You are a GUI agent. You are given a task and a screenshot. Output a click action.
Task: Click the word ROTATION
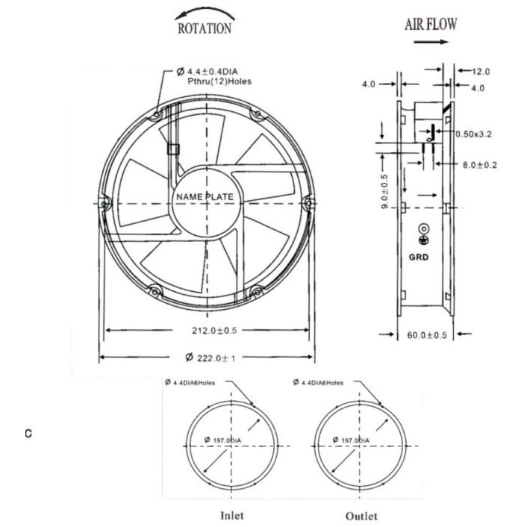[x=205, y=28]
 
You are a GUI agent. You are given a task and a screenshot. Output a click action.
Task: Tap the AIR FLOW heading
[x=431, y=24]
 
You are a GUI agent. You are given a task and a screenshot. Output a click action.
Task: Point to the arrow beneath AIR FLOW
[x=431, y=42]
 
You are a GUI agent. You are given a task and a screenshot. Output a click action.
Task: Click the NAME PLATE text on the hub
[x=205, y=196]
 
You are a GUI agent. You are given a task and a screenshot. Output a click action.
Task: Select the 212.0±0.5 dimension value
[x=214, y=331]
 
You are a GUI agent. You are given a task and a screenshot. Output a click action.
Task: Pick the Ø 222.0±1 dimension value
[x=211, y=358]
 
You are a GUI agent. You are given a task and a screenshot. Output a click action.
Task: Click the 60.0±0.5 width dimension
[x=427, y=335]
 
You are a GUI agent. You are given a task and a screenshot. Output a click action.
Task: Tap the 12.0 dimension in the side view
[x=481, y=71]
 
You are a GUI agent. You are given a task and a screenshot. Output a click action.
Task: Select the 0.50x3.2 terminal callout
[x=473, y=134]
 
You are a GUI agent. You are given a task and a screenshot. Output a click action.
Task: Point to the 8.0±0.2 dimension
[x=480, y=165]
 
